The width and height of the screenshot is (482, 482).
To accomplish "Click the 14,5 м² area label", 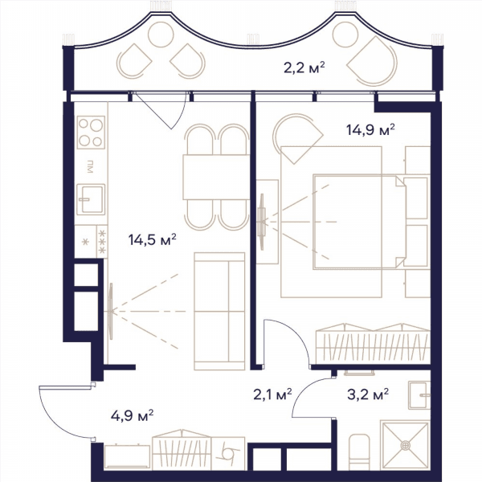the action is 152,239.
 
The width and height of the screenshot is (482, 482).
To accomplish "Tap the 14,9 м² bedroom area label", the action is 370,129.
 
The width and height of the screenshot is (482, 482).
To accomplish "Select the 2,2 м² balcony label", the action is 304,67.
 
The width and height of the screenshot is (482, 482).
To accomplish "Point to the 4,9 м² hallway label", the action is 133,416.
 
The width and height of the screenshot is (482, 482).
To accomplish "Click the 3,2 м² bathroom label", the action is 368,394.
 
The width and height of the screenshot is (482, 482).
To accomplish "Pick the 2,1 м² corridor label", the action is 272,394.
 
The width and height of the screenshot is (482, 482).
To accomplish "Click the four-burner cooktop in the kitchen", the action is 91,133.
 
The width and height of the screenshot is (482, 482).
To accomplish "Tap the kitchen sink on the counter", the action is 91,199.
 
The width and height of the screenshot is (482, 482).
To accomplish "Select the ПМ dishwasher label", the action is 90,166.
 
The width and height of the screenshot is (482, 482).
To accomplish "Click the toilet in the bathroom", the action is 360,451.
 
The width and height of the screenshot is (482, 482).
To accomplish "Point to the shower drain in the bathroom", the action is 406,445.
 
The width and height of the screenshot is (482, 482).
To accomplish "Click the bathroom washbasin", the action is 419,395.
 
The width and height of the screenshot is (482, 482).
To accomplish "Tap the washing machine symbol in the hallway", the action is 228,453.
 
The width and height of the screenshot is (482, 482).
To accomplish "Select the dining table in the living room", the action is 216,178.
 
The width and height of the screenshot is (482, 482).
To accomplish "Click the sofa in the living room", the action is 219,311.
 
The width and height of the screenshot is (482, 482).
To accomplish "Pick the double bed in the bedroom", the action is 360,222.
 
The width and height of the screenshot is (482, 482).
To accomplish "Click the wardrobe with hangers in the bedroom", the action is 374,342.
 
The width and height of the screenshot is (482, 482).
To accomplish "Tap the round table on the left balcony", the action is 161,35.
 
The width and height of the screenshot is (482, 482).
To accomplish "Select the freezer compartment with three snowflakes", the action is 102,242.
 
